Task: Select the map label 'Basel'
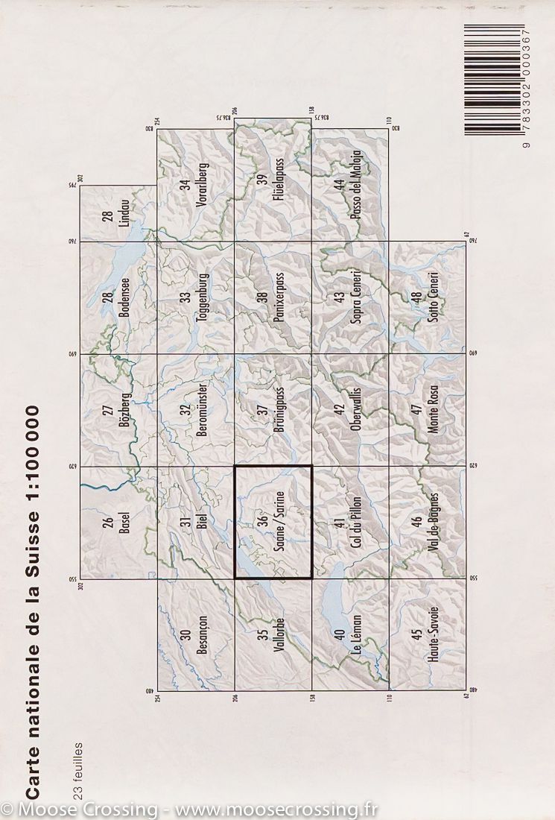coord(124,523)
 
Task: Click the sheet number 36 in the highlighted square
coord(261,522)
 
